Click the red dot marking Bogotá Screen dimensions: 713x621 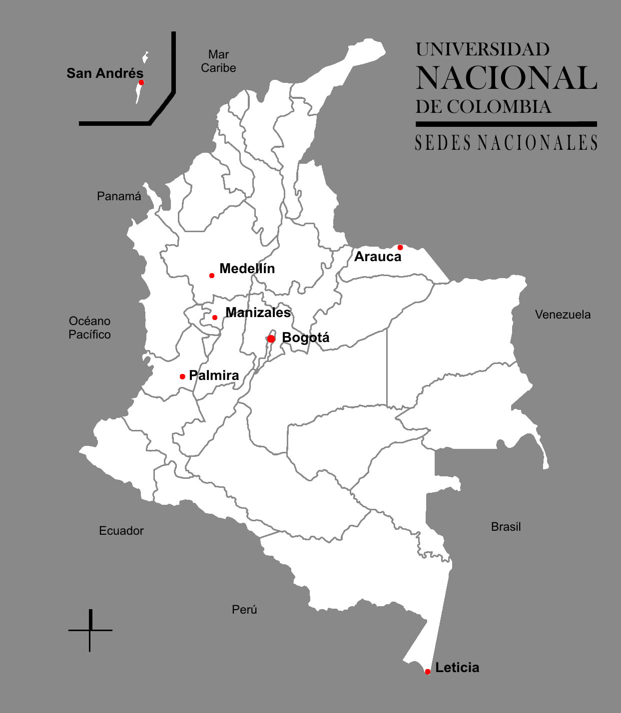(271, 339)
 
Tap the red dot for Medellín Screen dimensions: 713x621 (212, 276)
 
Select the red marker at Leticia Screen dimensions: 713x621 (428, 672)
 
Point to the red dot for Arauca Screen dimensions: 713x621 (400, 247)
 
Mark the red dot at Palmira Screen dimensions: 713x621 (182, 376)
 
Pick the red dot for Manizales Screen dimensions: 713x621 (215, 318)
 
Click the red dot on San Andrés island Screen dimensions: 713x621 (141, 82)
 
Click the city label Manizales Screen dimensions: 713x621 (258, 313)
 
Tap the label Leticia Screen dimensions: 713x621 (457, 668)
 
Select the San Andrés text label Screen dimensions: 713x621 (105, 73)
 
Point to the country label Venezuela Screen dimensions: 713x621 (563, 315)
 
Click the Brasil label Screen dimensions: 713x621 (506, 527)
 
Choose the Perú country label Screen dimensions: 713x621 (244, 610)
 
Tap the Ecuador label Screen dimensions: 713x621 (121, 531)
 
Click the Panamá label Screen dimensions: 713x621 (119, 196)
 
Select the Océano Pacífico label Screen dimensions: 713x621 (90, 328)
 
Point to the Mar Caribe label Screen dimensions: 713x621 (218, 61)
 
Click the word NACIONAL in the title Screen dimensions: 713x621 (506, 78)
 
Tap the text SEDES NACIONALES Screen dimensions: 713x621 (506, 143)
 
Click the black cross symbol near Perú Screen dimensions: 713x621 (90, 630)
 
